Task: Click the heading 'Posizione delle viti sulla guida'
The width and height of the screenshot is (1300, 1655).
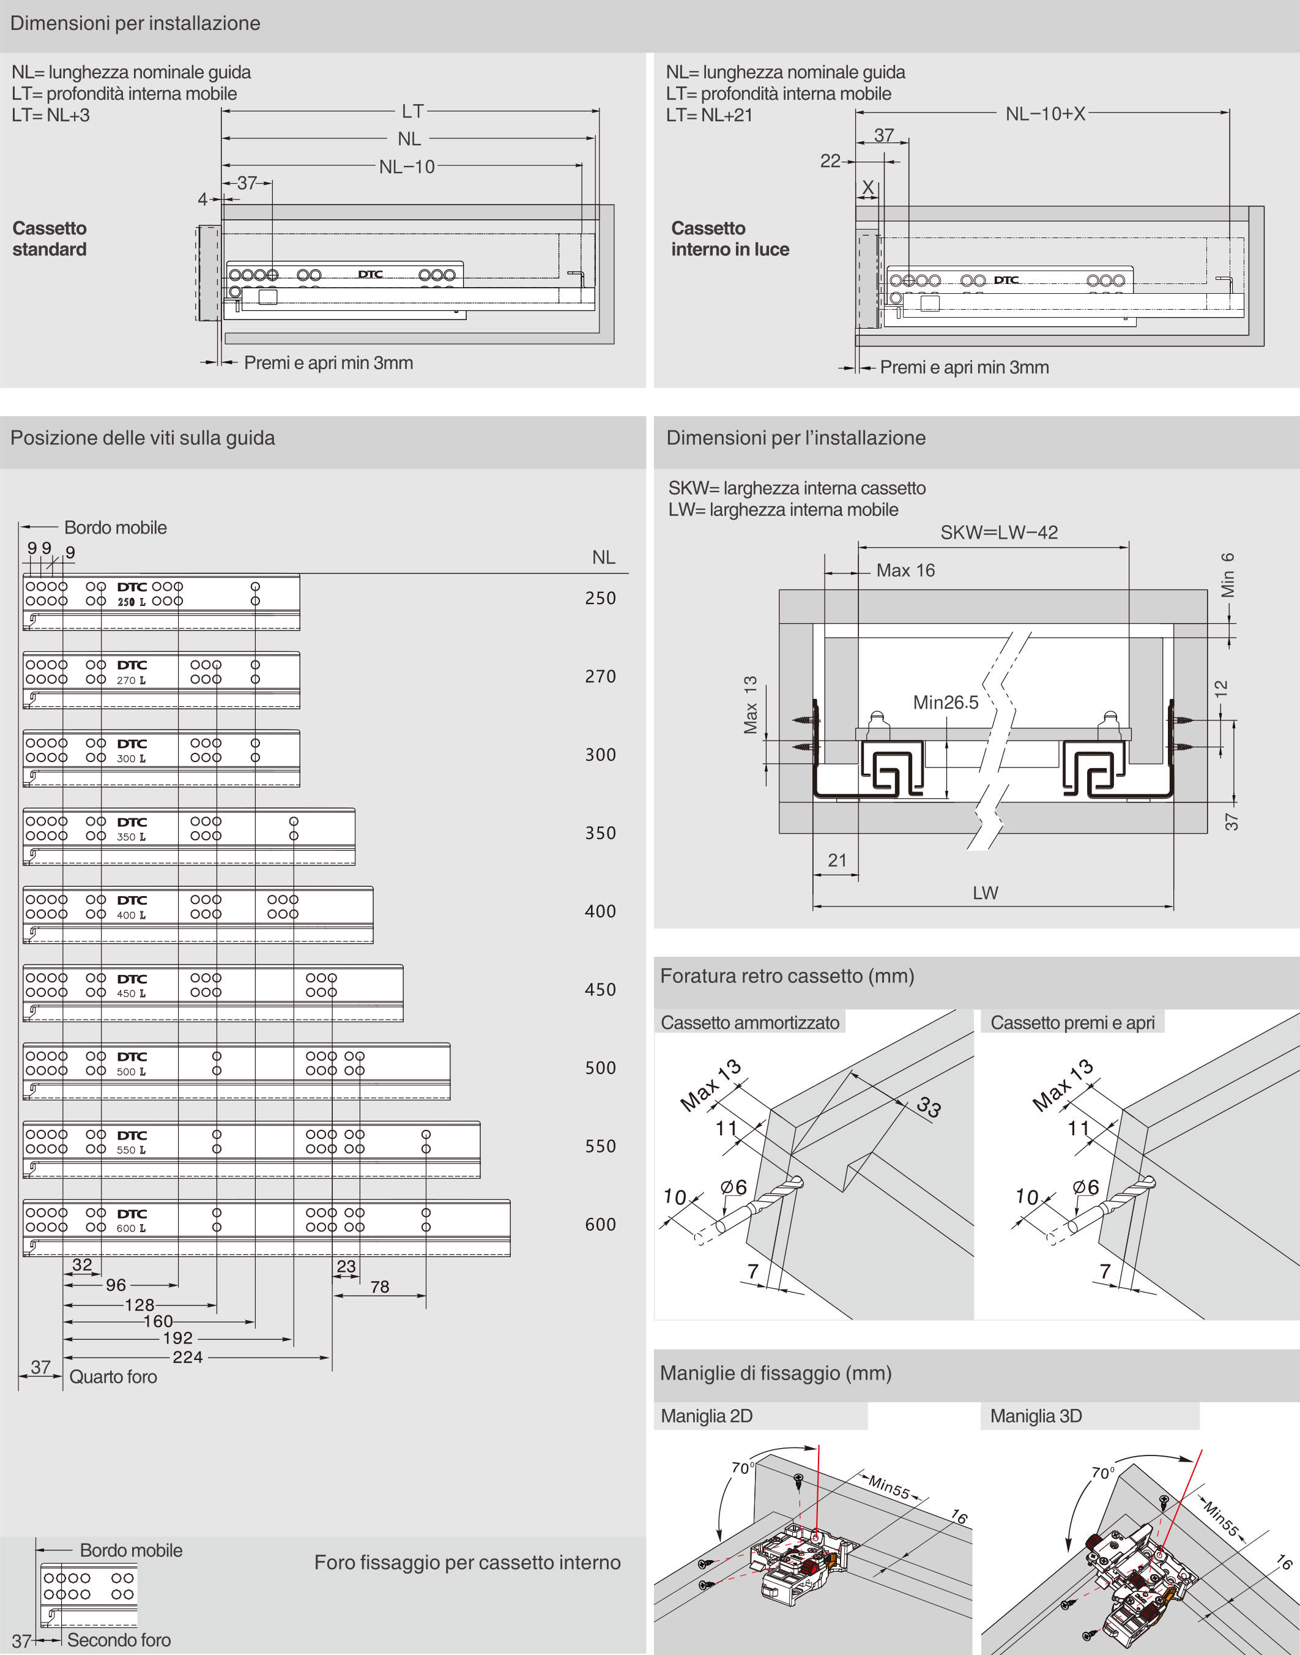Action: click(x=143, y=438)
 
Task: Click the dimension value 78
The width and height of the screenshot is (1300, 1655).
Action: click(x=379, y=1287)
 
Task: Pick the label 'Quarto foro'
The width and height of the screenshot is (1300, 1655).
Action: click(x=113, y=1377)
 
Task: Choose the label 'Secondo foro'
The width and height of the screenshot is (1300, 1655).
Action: click(x=119, y=1640)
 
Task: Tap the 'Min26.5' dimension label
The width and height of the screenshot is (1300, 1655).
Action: click(x=945, y=702)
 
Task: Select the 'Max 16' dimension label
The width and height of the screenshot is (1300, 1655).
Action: click(x=905, y=570)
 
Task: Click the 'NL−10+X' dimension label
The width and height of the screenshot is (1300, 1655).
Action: click(x=1045, y=114)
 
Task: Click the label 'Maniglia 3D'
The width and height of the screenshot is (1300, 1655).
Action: click(x=1035, y=1416)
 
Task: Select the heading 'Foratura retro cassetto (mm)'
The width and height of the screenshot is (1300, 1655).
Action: click(x=786, y=976)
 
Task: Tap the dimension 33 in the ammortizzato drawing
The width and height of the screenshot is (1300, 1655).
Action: click(x=929, y=1105)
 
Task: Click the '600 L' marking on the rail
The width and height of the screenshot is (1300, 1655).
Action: click(x=131, y=1228)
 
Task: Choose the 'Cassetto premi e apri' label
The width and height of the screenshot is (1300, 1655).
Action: click(x=1072, y=1022)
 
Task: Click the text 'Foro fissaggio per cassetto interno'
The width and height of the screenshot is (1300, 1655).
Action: click(x=467, y=1562)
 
